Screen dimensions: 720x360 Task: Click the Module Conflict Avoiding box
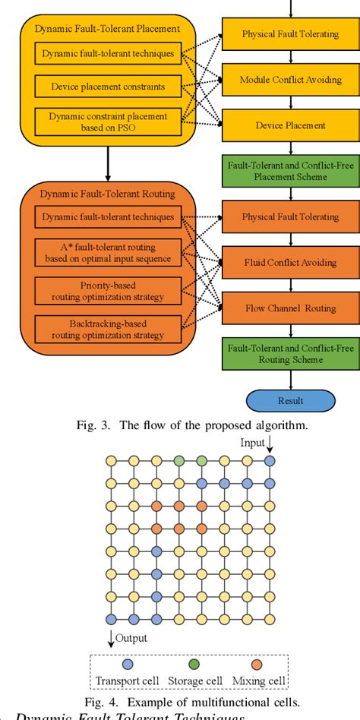(290, 80)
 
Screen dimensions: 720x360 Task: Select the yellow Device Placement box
(290, 125)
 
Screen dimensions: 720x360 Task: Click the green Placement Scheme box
(290, 170)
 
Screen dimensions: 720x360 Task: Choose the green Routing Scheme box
(290, 353)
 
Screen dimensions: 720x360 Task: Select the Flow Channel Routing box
(290, 308)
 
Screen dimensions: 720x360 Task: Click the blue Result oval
(290, 400)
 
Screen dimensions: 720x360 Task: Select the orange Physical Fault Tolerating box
(290, 216)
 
